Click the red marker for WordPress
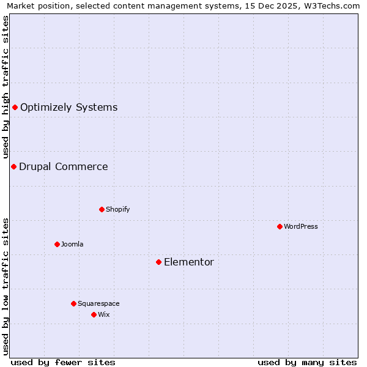280,226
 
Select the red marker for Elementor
158,262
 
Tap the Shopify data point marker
102,209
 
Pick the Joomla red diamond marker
57,244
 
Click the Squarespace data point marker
73,303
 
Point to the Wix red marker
94,314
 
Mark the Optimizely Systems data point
15,107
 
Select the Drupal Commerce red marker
13,166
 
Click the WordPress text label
301,226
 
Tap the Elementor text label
189,262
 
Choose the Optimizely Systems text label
69,107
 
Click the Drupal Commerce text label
63,166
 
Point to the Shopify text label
118,209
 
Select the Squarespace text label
98,303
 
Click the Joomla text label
72,244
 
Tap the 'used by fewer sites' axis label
63,362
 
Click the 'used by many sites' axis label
307,362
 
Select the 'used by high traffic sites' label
6,87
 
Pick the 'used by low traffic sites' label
6,286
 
